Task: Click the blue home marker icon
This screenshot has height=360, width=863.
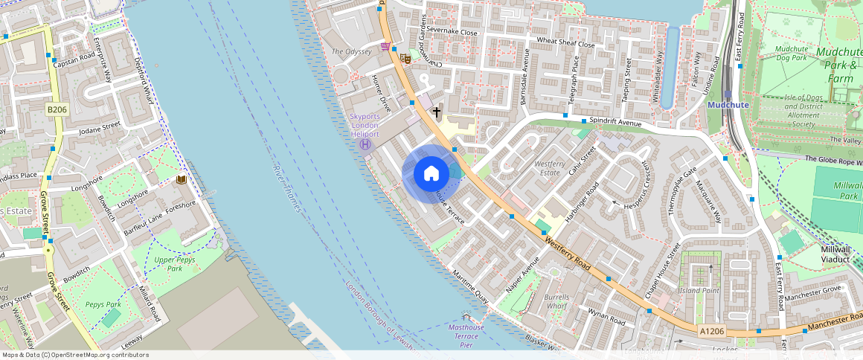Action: click(x=431, y=175)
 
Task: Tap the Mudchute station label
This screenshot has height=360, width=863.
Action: click(x=727, y=105)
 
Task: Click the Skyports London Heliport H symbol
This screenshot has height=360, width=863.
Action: click(x=365, y=144)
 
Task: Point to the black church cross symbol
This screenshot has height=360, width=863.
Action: click(x=436, y=112)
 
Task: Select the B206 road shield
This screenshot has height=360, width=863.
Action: click(x=57, y=109)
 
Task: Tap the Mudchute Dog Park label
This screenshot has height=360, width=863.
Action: click(x=791, y=54)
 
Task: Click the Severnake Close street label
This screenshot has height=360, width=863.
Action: click(x=452, y=33)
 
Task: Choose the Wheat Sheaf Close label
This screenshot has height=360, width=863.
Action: click(x=565, y=43)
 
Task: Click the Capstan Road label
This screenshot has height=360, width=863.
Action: click(x=74, y=55)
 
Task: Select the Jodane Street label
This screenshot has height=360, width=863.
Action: click(x=99, y=128)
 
